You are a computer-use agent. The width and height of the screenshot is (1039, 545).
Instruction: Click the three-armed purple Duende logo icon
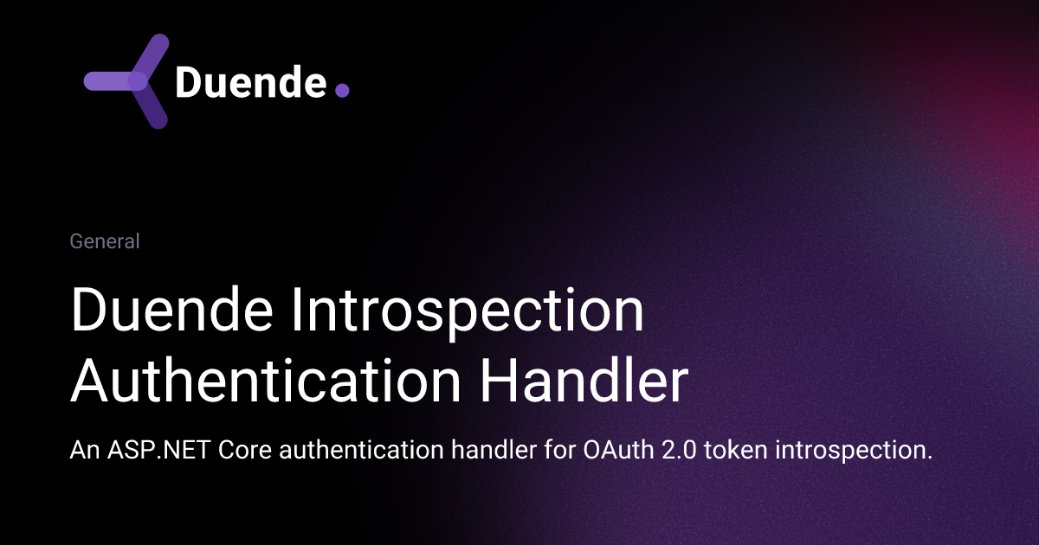click(x=130, y=81)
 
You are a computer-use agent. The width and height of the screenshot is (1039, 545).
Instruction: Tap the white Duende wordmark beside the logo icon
click(x=250, y=83)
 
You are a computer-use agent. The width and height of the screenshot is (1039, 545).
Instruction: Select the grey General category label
click(x=105, y=241)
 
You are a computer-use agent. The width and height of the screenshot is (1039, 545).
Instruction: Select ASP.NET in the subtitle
click(x=147, y=451)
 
